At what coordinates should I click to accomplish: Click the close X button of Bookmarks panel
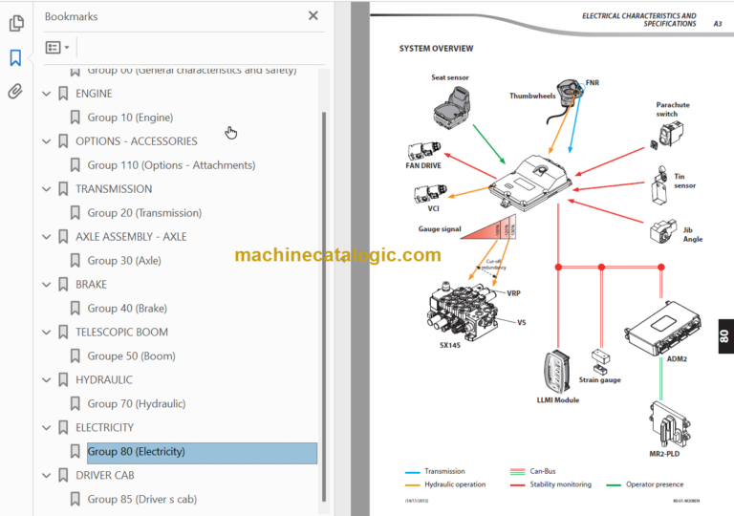[313, 15]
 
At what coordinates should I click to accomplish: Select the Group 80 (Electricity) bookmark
[136, 452]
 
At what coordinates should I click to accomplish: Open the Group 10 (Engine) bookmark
[130, 118]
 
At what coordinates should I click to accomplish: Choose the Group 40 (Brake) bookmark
[127, 309]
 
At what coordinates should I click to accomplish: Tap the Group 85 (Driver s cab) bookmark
[141, 499]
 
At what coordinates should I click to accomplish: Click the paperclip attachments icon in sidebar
[15, 92]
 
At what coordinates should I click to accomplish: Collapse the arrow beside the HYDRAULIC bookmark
[46, 380]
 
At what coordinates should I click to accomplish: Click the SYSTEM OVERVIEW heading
[436, 49]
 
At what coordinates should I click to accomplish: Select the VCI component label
[433, 208]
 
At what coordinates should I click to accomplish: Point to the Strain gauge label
[599, 379]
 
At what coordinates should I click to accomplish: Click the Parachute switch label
[672, 109]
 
